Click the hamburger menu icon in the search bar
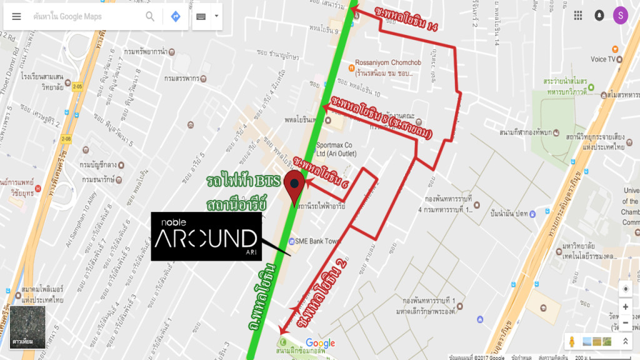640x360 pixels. pyautogui.click(x=17, y=16)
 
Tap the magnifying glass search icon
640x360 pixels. pyautogui.click(x=150, y=16)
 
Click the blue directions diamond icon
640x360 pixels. pyautogui.click(x=176, y=16)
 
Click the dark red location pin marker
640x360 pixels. pyautogui.click(x=294, y=186)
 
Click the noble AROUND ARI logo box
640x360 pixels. pyautogui.click(x=206, y=236)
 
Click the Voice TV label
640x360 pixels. pyautogui.click(x=602, y=59)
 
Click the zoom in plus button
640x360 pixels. pyautogui.click(x=625, y=307)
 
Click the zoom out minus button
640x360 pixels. pyautogui.click(x=625, y=322)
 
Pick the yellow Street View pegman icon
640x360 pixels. pyautogui.click(x=572, y=341)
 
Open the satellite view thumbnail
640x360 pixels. pyautogui.click(x=27, y=327)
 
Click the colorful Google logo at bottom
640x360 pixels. pyautogui.click(x=320, y=343)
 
